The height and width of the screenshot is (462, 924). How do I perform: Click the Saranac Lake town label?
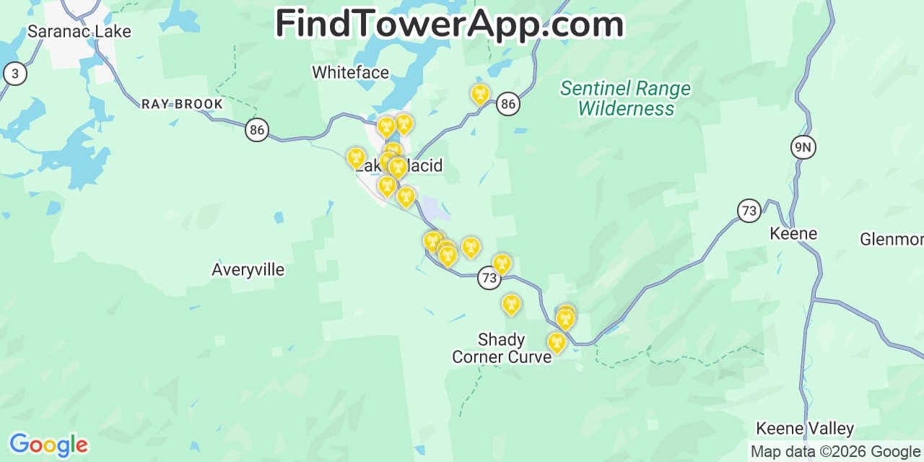click(79, 32)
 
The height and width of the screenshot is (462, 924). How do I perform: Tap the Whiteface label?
click(350, 72)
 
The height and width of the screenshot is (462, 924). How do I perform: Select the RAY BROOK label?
click(182, 104)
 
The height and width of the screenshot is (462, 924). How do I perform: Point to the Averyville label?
click(248, 270)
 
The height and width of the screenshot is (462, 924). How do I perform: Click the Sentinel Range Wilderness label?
click(626, 99)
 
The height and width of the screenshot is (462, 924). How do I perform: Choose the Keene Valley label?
click(805, 429)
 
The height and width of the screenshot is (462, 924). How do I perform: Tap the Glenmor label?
click(892, 239)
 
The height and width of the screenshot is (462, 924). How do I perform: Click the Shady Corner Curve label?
click(501, 348)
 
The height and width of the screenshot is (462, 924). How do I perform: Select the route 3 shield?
click(15, 74)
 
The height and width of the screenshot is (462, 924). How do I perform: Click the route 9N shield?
click(803, 147)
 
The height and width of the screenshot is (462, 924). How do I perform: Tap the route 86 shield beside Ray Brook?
click(256, 130)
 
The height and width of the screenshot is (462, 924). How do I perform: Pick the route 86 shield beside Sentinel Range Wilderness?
click(508, 104)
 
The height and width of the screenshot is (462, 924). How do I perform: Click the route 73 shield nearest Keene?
click(749, 211)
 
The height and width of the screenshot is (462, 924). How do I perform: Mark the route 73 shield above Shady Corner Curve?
click(489, 278)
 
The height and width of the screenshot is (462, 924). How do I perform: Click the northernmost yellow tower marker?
click(479, 94)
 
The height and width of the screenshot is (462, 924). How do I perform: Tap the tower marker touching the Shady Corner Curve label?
click(556, 342)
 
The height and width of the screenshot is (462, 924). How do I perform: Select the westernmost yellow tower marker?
click(356, 157)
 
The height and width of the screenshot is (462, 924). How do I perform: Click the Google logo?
click(48, 445)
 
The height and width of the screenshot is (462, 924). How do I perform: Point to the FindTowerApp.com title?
click(449, 25)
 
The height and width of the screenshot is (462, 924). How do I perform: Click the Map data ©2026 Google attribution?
click(835, 452)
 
